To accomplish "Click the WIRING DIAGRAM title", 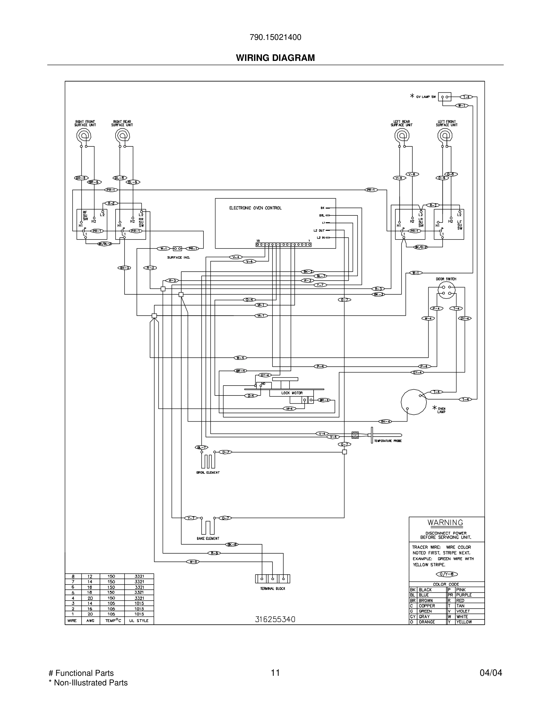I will click(275, 58).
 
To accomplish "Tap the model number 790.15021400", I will click(275, 37).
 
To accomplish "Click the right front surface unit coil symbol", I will click(83, 135).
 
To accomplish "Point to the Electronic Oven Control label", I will click(255, 208).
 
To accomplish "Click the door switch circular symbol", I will click(446, 290).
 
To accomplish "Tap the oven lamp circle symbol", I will click(414, 402).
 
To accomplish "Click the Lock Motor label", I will click(292, 393).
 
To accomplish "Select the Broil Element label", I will click(208, 472).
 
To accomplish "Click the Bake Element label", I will click(208, 538).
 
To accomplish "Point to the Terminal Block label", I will click(272, 589).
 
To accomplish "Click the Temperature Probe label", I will click(388, 441).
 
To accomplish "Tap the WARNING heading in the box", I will click(445, 522).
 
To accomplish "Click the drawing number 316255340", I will click(275, 619).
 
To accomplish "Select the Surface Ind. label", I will click(179, 257).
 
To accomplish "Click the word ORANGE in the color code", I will click(427, 622).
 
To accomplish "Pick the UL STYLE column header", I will click(139, 621).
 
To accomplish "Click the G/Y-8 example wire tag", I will click(447, 574).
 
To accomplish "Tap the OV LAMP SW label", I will click(426, 97).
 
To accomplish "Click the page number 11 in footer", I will click(275, 673).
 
